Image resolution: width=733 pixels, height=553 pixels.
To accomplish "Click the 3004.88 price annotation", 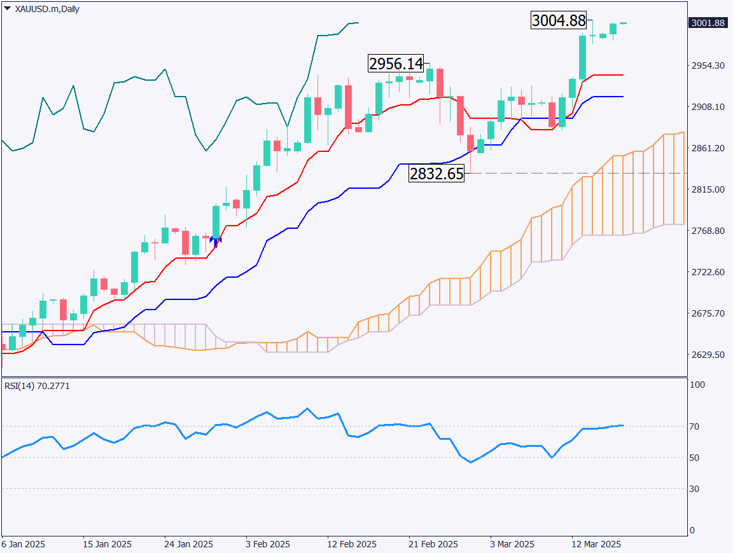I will (x=558, y=20).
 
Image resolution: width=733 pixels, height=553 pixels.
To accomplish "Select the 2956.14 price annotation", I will (x=395, y=64).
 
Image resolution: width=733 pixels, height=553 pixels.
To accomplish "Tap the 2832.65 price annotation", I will (x=436, y=174).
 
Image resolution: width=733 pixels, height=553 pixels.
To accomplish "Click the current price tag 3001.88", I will (x=707, y=24).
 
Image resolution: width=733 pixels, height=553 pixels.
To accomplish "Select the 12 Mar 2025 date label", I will (x=595, y=544).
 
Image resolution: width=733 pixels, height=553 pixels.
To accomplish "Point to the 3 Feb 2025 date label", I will (x=268, y=544).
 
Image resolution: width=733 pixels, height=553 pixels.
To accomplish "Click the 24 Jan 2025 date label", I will (x=188, y=544).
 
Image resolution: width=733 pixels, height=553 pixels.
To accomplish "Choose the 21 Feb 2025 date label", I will (x=433, y=544).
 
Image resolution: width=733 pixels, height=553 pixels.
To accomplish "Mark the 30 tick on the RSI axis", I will (x=697, y=488).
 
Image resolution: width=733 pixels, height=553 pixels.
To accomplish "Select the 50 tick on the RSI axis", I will (x=697, y=458).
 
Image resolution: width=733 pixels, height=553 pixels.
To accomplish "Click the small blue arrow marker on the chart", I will (x=215, y=240).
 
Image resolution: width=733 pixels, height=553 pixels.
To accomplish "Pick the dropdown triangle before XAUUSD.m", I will (x=7, y=9).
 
